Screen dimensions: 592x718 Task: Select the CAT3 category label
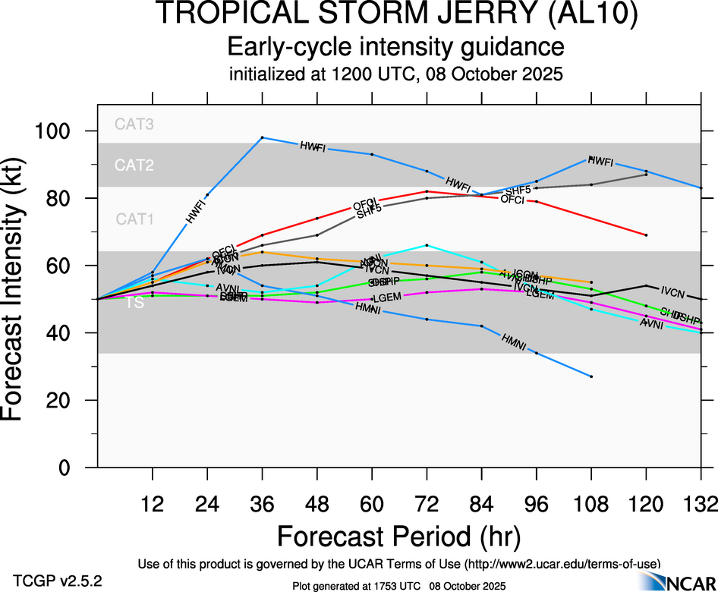134,124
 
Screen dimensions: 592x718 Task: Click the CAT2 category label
134,165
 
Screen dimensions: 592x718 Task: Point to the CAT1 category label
134,219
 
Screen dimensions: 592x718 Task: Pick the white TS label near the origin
134,303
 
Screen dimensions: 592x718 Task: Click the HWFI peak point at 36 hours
262,137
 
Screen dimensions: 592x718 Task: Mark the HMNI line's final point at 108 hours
591,376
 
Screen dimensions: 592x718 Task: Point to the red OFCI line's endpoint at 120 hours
646,235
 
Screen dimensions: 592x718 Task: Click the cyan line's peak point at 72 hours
427,245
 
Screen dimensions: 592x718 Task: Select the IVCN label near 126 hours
673,291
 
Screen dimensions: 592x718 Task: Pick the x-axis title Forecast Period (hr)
398,537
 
